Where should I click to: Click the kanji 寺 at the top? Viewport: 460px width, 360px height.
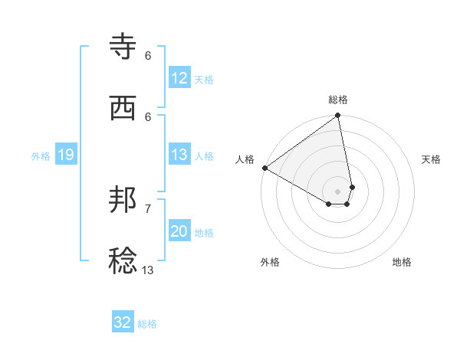pos(124,47)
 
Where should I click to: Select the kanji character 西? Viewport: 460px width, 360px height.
pos(124,109)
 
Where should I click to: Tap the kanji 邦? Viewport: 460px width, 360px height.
pos(124,201)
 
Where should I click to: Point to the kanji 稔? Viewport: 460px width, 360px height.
pos(124,261)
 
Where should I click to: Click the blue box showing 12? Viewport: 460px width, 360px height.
pos(179,78)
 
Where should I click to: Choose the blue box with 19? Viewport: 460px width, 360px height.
pos(66,155)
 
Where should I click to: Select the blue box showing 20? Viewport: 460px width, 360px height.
pos(179,232)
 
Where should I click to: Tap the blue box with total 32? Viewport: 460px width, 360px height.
pos(123,322)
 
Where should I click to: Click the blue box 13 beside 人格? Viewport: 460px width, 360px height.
pos(179,155)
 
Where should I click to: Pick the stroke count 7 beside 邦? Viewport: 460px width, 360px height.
pos(148,208)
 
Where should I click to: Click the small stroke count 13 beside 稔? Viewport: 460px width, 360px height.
pos(148,270)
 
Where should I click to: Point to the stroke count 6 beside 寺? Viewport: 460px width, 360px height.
pos(148,55)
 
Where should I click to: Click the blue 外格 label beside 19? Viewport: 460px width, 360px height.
pos(41,156)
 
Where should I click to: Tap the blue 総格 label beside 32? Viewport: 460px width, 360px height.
pos(147,324)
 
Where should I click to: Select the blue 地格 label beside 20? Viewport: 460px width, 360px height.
pos(204,233)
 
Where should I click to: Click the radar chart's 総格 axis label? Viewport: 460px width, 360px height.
pos(338,100)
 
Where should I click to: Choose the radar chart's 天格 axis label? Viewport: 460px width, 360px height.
pos(432,159)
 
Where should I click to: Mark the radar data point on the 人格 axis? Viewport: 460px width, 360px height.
pos(264,168)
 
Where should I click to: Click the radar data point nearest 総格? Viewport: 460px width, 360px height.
pos(337,116)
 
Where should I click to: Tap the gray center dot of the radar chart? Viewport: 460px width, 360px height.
pos(338,191)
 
